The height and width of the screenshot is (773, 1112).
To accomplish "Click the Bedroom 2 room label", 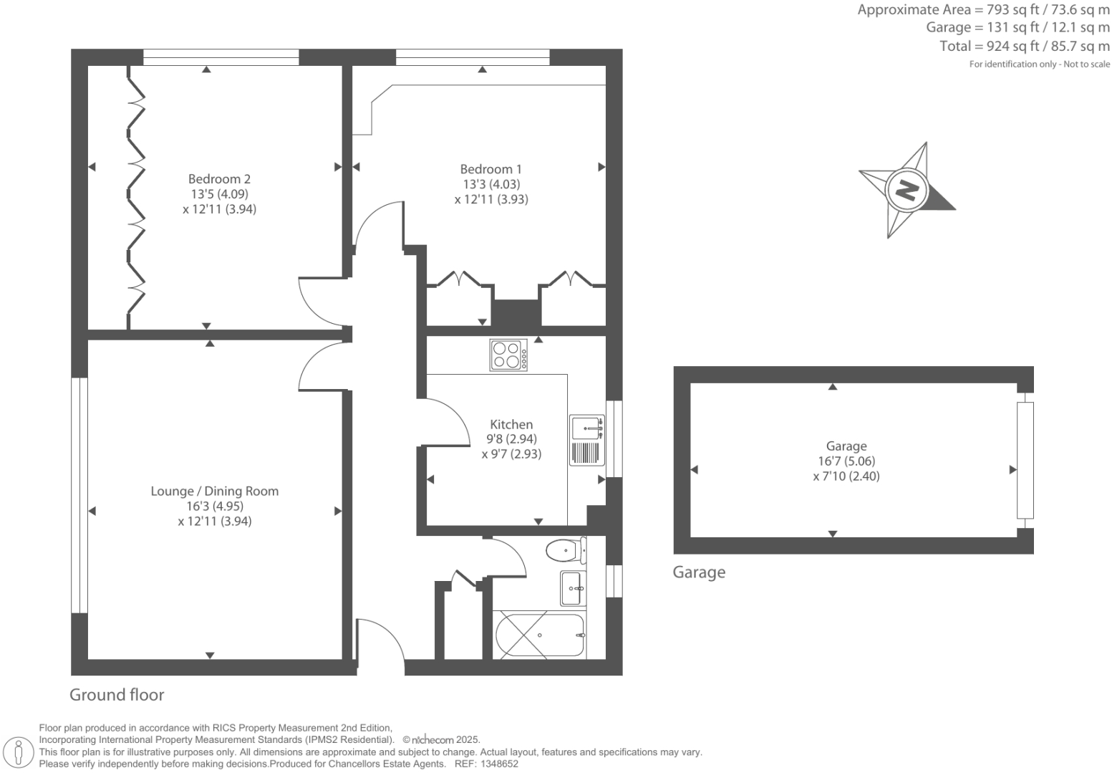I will click(x=219, y=178).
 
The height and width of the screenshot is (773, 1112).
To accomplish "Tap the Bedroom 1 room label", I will click(x=490, y=169).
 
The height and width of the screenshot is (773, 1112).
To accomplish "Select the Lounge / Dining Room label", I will click(x=214, y=491).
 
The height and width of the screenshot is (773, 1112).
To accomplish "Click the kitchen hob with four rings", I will click(x=508, y=355).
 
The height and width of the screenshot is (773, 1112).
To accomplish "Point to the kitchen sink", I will click(x=586, y=428).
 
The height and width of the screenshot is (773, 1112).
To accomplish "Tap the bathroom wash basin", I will click(x=572, y=588).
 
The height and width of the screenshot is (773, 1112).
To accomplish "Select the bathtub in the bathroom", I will click(x=539, y=635).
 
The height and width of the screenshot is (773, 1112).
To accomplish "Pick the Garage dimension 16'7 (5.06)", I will click(x=846, y=461).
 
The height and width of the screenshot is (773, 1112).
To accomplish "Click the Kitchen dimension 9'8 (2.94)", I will click(x=511, y=439).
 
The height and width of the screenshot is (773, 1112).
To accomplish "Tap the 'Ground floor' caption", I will click(x=117, y=695).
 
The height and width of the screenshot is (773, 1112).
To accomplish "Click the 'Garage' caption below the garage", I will click(x=698, y=572).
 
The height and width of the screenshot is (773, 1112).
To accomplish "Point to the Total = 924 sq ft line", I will click(x=1025, y=47).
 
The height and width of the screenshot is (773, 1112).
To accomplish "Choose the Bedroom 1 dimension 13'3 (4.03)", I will click(x=490, y=184).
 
